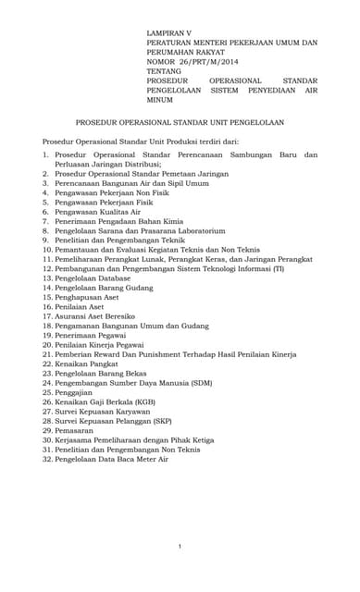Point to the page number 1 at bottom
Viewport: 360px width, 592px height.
click(x=180, y=547)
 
